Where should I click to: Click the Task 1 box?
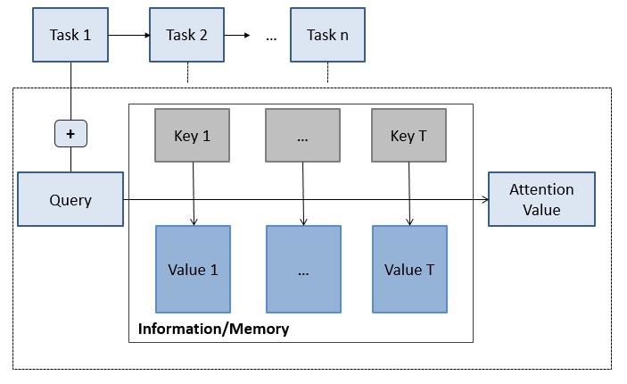pyautogui.click(x=70, y=35)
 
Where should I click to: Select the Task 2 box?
pyautogui.click(x=186, y=35)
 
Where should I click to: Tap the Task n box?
pyautogui.click(x=327, y=35)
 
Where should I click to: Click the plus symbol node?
pyautogui.click(x=70, y=133)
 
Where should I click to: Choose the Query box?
pyautogui.click(x=70, y=199)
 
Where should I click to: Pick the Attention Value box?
pyautogui.click(x=541, y=199)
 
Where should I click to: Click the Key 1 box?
pyautogui.click(x=193, y=136)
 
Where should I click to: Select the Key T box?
pyautogui.click(x=408, y=136)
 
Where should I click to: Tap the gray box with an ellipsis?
pyautogui.click(x=302, y=136)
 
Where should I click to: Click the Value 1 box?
pyautogui.click(x=194, y=269)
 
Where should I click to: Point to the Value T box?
pyautogui.click(x=410, y=269)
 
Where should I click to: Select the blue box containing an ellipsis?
pyautogui.click(x=303, y=269)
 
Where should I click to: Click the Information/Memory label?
pyautogui.click(x=213, y=329)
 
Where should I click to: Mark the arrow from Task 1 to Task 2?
pyautogui.click(x=128, y=35)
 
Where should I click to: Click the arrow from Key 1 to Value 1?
pyautogui.click(x=194, y=194)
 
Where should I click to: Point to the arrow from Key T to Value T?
pyautogui.click(x=409, y=194)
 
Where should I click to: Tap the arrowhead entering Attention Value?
pyautogui.click(x=485, y=199)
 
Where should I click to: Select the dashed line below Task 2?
pyautogui.click(x=187, y=72)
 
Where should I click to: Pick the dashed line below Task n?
pyautogui.click(x=328, y=72)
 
